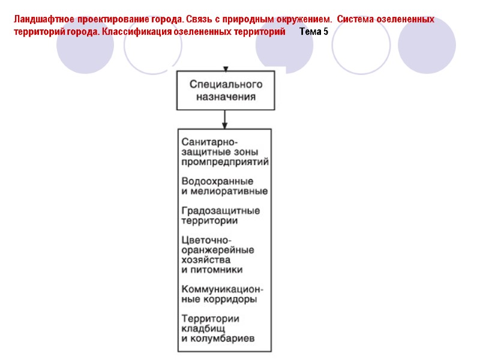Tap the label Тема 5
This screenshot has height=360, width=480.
click(x=313, y=31)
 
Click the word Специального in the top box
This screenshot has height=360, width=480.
click(x=226, y=84)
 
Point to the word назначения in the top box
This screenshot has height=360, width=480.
click(x=226, y=96)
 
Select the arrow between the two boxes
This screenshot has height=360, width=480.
click(x=224, y=120)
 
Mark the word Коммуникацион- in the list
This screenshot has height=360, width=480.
click(x=222, y=289)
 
